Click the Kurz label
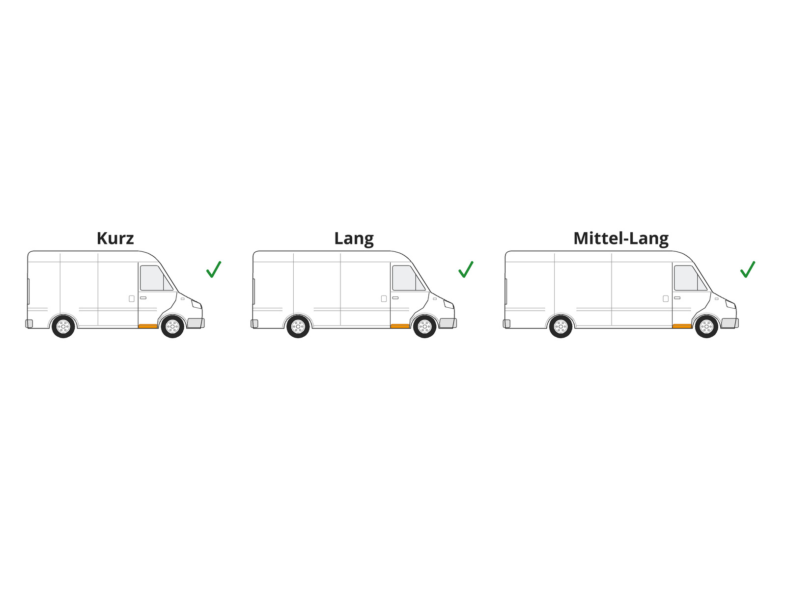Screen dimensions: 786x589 115,238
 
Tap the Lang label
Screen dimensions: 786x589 354,239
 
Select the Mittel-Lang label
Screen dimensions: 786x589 621,239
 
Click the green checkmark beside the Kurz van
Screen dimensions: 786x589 214,269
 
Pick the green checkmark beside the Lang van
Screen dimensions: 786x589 466,269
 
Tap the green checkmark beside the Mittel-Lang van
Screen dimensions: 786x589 748,269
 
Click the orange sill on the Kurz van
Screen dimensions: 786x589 148,326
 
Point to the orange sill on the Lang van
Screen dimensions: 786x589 400,326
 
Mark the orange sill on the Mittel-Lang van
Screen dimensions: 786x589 682,326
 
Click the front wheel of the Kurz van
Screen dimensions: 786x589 172,326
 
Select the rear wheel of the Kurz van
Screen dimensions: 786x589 63,326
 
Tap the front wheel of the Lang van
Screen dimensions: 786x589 425,326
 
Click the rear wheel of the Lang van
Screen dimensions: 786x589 298,326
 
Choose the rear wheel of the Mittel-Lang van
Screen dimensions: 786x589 561,326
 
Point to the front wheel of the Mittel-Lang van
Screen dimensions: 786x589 706,326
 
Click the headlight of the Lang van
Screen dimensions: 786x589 449,304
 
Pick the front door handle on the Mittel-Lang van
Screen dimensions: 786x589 677,298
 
